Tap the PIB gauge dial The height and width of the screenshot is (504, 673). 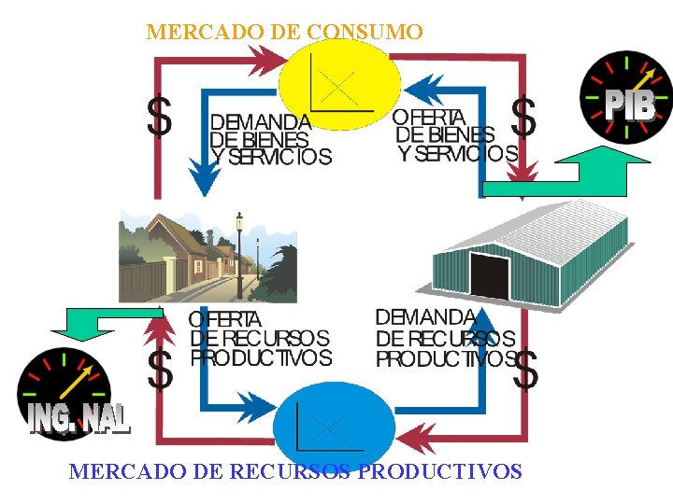[625, 95]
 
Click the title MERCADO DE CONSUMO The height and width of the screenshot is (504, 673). [284, 32]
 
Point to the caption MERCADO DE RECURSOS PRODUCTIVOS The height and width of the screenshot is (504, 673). [295, 471]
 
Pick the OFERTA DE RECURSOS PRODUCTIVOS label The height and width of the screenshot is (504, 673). [260, 338]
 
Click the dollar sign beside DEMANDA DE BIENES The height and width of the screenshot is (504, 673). [160, 118]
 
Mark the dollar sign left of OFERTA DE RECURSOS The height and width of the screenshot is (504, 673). [161, 370]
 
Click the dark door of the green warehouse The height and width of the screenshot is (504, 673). [489, 276]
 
